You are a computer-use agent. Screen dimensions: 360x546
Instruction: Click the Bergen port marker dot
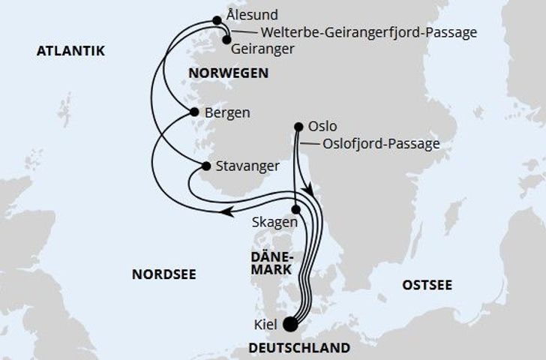pyautogui.click(x=193, y=112)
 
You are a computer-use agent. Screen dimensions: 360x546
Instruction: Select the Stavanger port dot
pyautogui.click(x=204, y=166)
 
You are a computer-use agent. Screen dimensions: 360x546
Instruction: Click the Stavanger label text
pyautogui.click(x=247, y=166)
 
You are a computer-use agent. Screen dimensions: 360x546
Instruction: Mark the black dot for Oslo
pyautogui.click(x=299, y=127)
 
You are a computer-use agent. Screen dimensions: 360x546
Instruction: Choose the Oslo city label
pyautogui.click(x=327, y=126)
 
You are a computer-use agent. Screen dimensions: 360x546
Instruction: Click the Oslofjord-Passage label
pyautogui.click(x=379, y=144)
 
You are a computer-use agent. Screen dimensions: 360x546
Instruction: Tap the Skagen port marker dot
pyautogui.click(x=295, y=211)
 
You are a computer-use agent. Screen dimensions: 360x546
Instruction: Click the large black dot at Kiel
pyautogui.click(x=291, y=324)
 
